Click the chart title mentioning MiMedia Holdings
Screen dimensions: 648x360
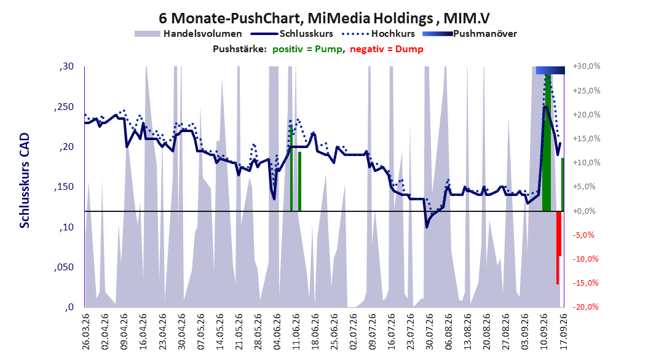pos(325,18)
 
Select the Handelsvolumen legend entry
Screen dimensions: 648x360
pos(189,34)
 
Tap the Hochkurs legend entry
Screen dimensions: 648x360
pos(379,34)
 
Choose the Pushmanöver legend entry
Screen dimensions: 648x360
pos(470,34)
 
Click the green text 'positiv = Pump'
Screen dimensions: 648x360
pos(307,49)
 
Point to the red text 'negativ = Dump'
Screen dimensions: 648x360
pos(387,49)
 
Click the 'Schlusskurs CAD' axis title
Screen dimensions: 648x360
pos(25,180)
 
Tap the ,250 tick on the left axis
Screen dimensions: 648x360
pos(64,107)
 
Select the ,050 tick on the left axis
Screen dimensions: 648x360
pos(64,267)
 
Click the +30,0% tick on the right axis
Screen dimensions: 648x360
pos(587,66)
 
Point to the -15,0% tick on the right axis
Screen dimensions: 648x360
pos(585,283)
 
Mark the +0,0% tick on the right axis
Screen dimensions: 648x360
pos(584,211)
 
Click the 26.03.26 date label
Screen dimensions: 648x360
pos(86,332)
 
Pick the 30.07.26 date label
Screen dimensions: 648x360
pos(429,332)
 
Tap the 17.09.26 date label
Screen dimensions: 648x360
pos(563,332)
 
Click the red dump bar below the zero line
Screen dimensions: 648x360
pos(558,248)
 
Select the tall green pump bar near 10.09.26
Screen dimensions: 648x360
pos(547,143)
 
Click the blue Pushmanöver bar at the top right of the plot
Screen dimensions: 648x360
pos(550,70)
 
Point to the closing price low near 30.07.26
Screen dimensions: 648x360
pos(427,227)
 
